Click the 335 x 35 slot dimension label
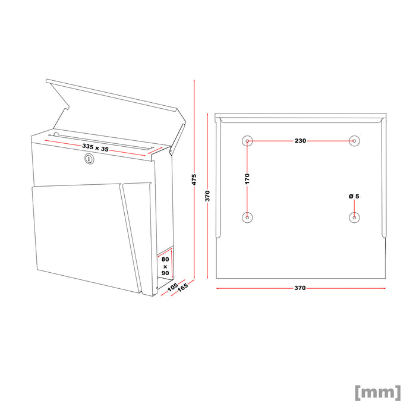[96, 147]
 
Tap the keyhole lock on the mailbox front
[89, 159]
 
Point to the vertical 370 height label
[208, 196]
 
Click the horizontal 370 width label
[300, 288]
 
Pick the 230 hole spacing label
[300, 141]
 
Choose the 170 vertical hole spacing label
[247, 178]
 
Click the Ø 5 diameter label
[354, 196]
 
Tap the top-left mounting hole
[247, 141]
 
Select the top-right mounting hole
[354, 141]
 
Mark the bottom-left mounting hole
[247, 218]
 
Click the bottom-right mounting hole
[354, 218]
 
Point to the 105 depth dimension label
[172, 287]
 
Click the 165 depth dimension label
[183, 289]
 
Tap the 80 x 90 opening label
[165, 266]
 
